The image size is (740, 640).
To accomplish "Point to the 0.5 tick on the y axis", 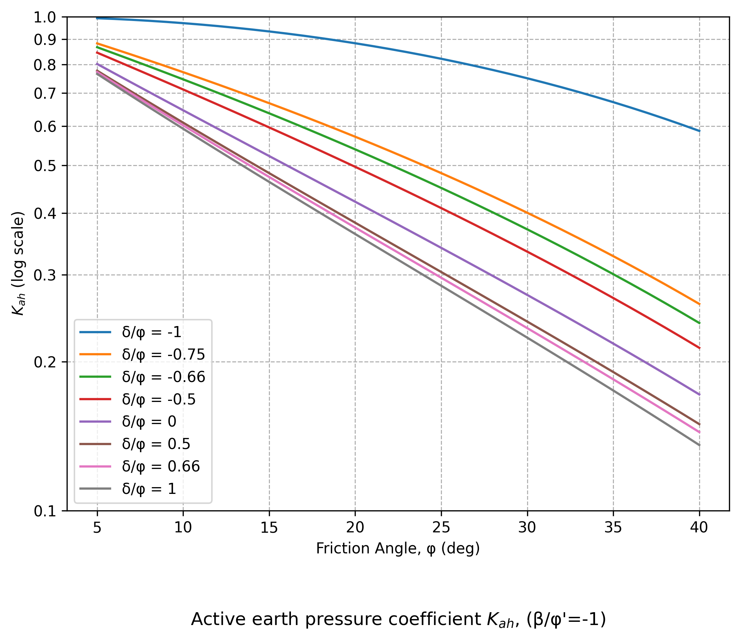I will pyautogui.click(x=45, y=166).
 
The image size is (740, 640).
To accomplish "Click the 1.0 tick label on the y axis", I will pyautogui.click(x=45, y=17).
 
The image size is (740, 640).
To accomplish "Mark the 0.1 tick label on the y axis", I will pyautogui.click(x=45, y=511).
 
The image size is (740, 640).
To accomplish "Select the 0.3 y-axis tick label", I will pyautogui.click(x=45, y=275).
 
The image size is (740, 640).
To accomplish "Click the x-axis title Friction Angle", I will pyautogui.click(x=398, y=548).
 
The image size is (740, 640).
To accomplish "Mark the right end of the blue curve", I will pyautogui.click(x=699, y=131).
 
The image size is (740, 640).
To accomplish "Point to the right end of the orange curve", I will pyautogui.click(x=699, y=304).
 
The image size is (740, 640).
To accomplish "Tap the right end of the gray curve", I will pyautogui.click(x=699, y=445).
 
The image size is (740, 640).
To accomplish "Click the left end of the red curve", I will pyautogui.click(x=97, y=52).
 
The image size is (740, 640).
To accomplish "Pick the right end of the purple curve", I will pyautogui.click(x=699, y=394).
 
